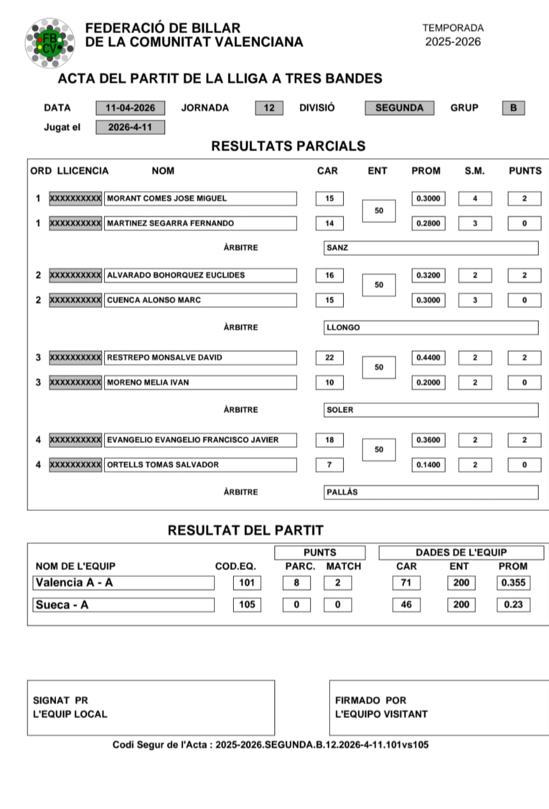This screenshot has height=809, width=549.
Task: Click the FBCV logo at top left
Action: click(49, 43)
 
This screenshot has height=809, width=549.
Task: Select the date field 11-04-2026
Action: click(130, 108)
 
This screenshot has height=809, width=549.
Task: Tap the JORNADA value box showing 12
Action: click(269, 108)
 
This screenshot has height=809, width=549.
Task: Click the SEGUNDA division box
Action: click(399, 108)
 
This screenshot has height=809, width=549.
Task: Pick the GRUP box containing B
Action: click(513, 108)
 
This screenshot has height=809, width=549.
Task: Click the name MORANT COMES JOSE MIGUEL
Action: click(166, 198)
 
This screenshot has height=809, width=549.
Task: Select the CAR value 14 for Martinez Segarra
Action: click(329, 224)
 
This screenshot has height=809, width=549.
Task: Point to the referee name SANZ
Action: click(337, 248)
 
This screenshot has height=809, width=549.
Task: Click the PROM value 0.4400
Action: click(427, 358)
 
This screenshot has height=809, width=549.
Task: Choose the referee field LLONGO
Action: click(343, 328)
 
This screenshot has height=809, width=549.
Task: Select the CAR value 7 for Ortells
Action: click(329, 465)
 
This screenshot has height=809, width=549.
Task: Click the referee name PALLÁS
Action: click(342, 493)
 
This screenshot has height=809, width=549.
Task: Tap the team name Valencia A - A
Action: click(75, 583)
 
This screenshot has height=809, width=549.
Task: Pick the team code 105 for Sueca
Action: click(247, 605)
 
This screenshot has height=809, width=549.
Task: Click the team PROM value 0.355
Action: click(513, 583)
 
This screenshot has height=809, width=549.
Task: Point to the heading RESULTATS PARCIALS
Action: click(288, 146)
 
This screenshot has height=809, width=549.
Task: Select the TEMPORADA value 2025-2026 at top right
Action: click(453, 42)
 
